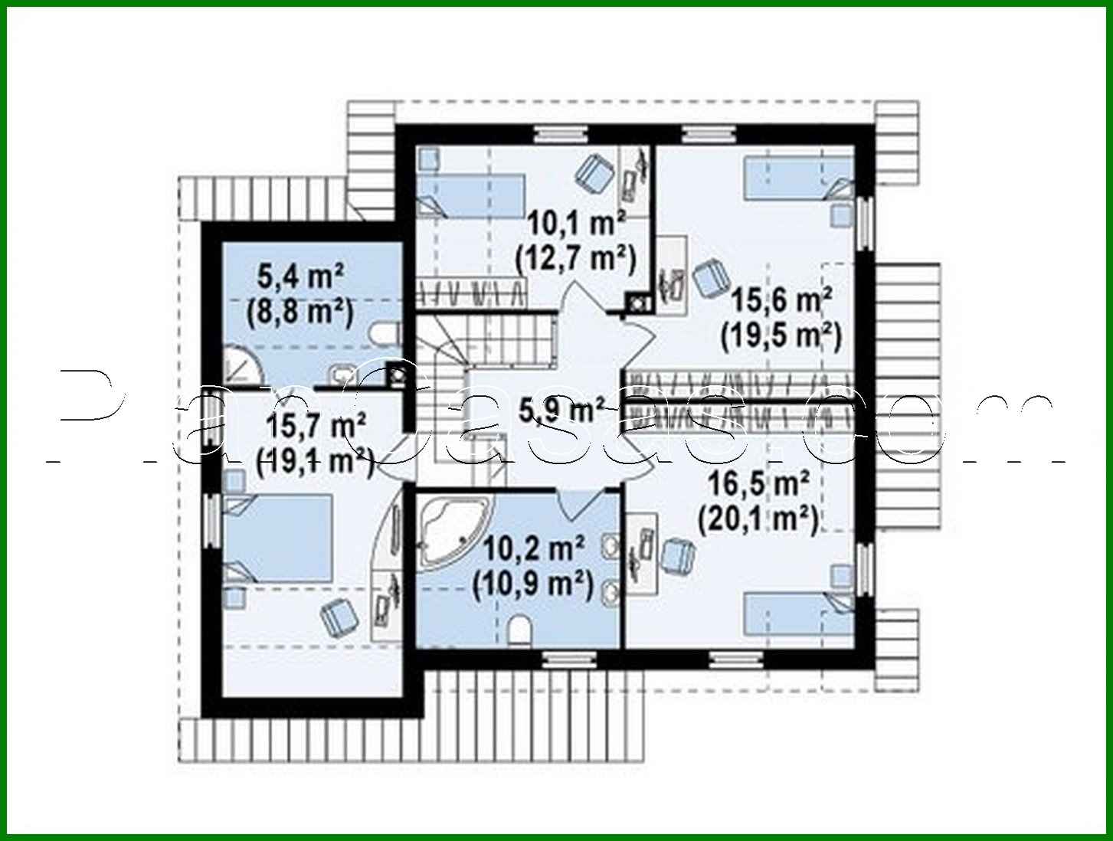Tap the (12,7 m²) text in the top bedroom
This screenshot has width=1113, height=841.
(575, 259)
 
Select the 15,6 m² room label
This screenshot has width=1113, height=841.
(781, 300)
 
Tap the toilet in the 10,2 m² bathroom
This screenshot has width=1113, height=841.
(520, 629)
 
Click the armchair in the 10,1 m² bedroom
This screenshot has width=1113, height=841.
(594, 173)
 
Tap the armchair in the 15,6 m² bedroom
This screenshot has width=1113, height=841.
(710, 277)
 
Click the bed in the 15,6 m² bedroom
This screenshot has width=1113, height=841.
(797, 175)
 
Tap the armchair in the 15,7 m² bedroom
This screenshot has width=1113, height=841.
(338, 617)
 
